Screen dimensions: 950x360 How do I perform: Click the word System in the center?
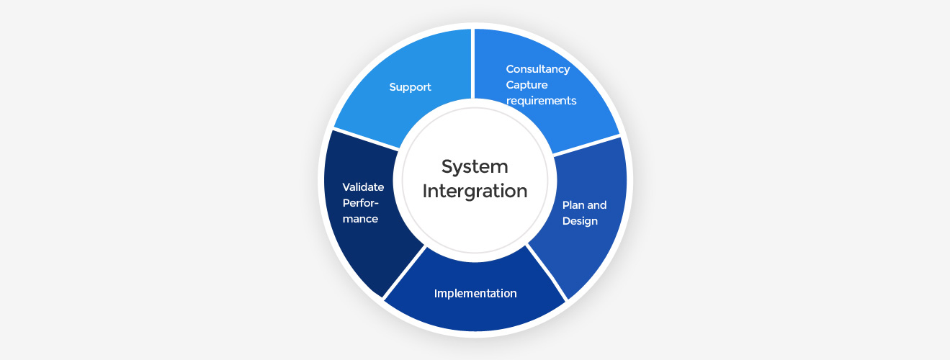point(475,166)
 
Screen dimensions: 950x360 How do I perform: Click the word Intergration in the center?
point(475,192)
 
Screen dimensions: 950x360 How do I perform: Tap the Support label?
point(410,87)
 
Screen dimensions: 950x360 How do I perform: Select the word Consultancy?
point(538,69)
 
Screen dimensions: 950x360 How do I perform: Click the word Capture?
point(526,85)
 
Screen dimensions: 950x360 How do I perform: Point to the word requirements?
point(541,101)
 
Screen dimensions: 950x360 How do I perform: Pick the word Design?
point(580,221)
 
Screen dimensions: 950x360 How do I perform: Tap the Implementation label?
point(475,294)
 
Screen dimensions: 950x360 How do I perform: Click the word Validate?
point(363,187)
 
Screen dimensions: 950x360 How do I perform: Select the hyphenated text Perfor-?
point(361,203)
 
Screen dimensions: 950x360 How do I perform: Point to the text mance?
point(360,219)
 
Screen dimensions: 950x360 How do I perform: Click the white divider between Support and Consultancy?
point(473,63)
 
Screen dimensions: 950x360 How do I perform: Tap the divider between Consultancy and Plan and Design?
point(586,145)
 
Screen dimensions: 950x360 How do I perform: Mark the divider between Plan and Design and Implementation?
point(547,273)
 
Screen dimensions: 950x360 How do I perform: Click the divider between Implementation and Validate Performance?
point(404,273)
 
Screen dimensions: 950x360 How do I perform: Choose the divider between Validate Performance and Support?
point(366,139)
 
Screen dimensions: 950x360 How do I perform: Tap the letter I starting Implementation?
point(436,293)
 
